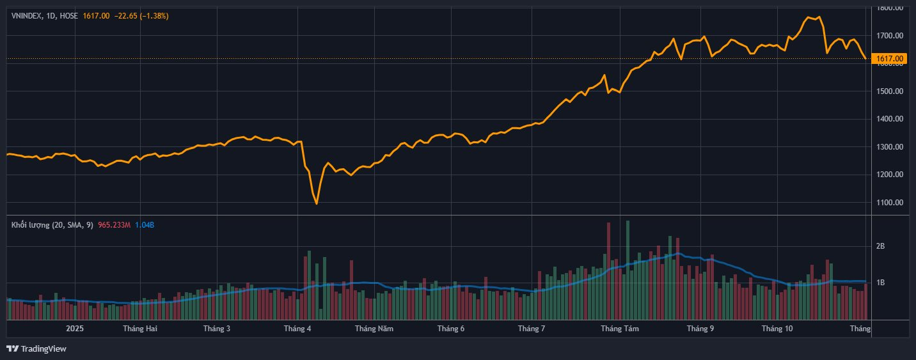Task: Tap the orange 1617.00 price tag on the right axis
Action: [x=890, y=59]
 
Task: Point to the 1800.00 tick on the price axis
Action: [x=890, y=8]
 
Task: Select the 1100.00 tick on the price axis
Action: [x=890, y=203]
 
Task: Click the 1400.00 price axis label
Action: [x=890, y=119]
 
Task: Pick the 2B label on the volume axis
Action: [x=880, y=246]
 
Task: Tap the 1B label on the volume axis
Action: [x=880, y=283]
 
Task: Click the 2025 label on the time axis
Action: [x=75, y=329]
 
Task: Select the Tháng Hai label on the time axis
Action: [x=140, y=329]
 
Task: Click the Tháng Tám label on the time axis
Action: [x=616, y=329]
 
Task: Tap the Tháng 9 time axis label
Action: [x=700, y=329]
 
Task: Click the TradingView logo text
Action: [x=43, y=349]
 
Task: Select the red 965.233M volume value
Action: [x=114, y=225]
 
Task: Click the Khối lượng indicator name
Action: [x=30, y=225]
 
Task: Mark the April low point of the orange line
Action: [x=317, y=203]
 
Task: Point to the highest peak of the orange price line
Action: [x=809, y=17]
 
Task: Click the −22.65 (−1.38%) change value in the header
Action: [x=141, y=15]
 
